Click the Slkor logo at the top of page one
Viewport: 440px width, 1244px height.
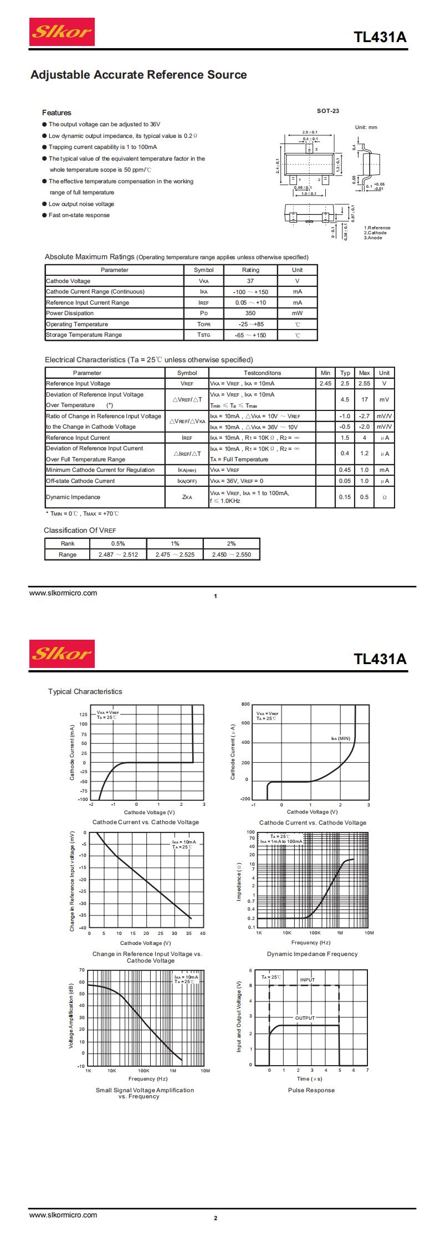62,32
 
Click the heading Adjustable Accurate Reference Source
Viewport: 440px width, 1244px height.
139,75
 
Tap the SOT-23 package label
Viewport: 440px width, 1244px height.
328,111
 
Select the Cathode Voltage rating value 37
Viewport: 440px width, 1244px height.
250,281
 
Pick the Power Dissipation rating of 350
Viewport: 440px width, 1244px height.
250,313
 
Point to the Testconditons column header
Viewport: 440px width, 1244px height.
262,373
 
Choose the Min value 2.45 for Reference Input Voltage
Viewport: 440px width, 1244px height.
325,383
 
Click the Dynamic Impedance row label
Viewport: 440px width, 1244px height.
73,497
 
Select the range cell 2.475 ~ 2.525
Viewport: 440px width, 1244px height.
175,554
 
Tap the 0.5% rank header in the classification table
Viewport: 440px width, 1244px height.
118,543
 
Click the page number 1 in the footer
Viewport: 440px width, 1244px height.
216,596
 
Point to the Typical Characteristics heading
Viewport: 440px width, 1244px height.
85,691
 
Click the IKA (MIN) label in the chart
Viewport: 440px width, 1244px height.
340,738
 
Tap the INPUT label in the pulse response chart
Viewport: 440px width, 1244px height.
308,980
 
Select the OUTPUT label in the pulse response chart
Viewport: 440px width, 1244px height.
304,1018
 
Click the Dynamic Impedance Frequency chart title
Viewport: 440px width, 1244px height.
312,954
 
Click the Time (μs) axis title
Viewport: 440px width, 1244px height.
309,1078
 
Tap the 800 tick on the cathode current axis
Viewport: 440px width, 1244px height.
245,704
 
